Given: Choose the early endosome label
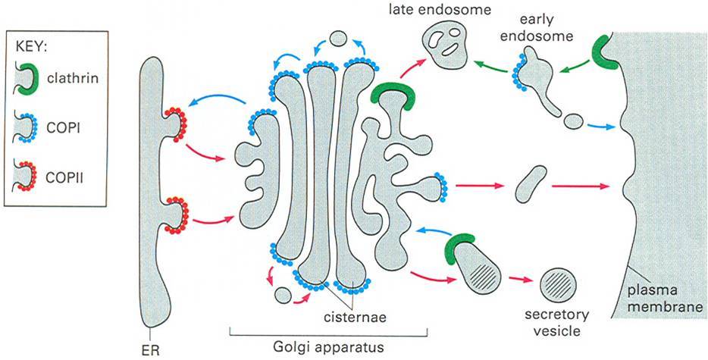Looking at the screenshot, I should [x=545, y=28].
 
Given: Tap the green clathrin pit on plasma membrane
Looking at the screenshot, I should [x=607, y=53].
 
